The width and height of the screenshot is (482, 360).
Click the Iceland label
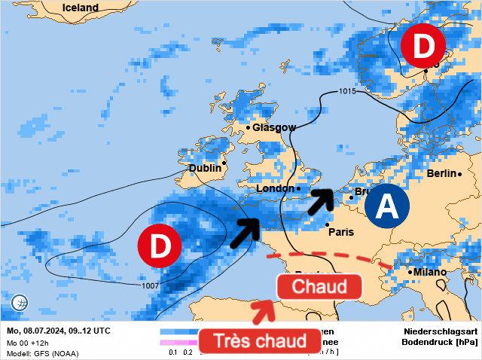[81, 8]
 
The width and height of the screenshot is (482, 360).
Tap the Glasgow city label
[274, 127]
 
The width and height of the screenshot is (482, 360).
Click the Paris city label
[341, 232]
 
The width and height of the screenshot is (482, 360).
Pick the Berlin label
[441, 173]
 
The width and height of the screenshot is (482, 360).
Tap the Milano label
[430, 272]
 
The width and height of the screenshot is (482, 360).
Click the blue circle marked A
[386, 205]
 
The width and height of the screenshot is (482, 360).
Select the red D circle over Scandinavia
[423, 46]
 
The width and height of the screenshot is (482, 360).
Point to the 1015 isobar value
[347, 92]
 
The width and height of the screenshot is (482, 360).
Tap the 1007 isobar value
[150, 286]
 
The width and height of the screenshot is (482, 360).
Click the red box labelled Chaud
[319, 286]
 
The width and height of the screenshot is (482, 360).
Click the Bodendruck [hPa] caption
[441, 342]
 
